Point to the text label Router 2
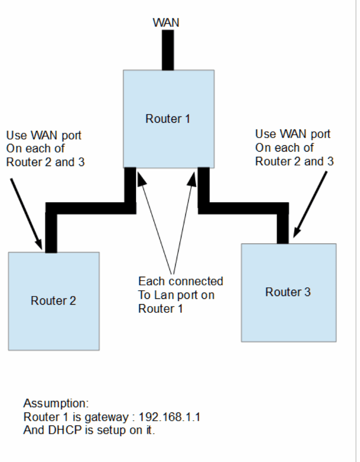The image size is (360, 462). [x=53, y=301]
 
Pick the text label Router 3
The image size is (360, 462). [x=288, y=292]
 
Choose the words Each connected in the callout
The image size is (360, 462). [x=180, y=281]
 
